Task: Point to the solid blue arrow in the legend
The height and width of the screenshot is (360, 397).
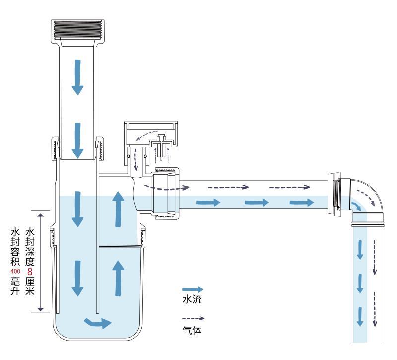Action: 193,289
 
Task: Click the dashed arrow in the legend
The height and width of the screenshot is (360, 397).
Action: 194,318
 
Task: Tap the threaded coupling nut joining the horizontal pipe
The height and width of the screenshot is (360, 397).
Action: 165,194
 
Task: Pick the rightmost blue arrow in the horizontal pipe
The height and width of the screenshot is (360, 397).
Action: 301,202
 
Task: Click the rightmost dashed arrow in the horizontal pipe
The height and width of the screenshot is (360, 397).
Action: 291,187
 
